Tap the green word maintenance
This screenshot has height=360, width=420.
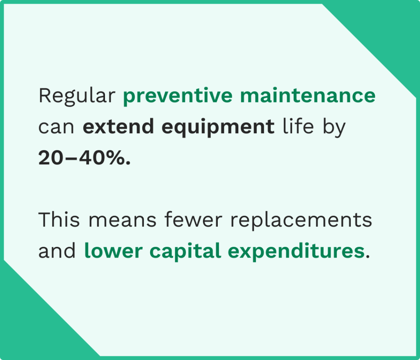pos(308,96)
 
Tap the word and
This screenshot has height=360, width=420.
pos(57,251)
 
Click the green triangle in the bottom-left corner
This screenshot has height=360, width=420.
pos(33,328)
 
